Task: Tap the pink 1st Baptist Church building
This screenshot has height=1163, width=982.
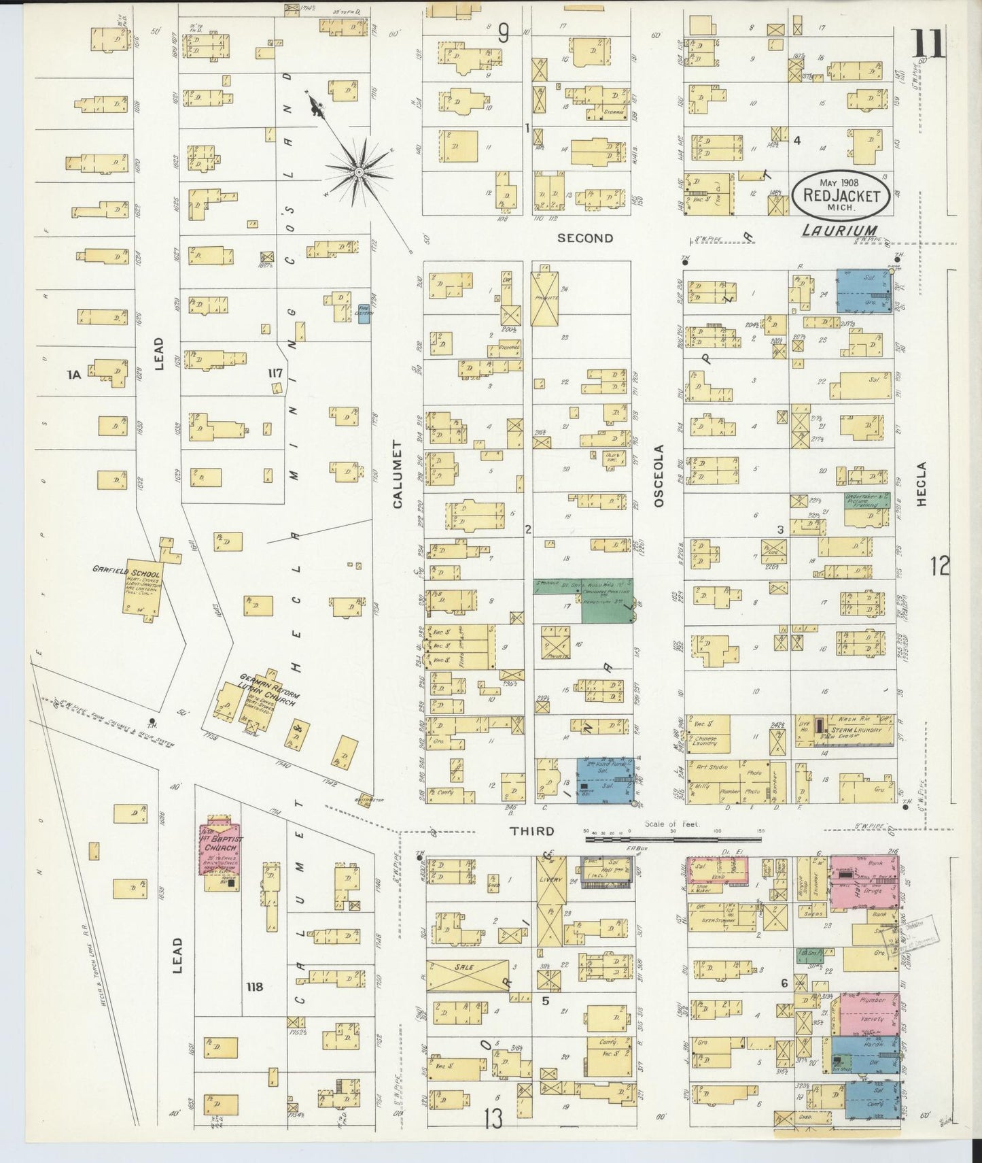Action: pyautogui.click(x=220, y=849)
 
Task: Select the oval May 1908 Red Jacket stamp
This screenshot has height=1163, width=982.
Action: pyautogui.click(x=841, y=194)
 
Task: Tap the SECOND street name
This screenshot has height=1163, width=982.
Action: pyautogui.click(x=585, y=238)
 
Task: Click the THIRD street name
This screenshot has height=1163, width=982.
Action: pyautogui.click(x=532, y=830)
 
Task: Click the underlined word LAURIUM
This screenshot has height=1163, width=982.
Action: pyautogui.click(x=839, y=231)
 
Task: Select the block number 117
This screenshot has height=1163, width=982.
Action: pyautogui.click(x=275, y=373)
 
